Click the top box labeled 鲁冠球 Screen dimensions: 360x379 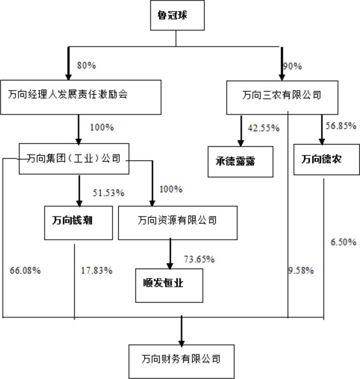pyautogui.click(x=177, y=15)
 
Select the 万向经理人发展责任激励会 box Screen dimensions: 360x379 pyautogui.click(x=81, y=97)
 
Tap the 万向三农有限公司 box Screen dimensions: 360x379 pyautogui.click(x=282, y=97)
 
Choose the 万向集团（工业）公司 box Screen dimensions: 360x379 pyautogui.click(x=74, y=159)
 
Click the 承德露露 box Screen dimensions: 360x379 pyautogui.click(x=240, y=162)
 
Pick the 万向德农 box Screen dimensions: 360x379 pyautogui.click(x=327, y=160)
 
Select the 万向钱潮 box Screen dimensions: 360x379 pyautogui.click(x=78, y=223)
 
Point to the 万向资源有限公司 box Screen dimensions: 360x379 pyautogui.click(x=178, y=223)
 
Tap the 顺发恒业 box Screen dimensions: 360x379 pyautogui.click(x=169, y=286)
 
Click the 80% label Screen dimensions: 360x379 pyautogui.click(x=86, y=66)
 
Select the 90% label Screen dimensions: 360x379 pyautogui.click(x=292, y=66)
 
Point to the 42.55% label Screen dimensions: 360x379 pyautogui.click(x=264, y=128)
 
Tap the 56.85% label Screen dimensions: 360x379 pyautogui.click(x=341, y=126)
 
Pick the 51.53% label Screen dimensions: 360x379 pyautogui.click(x=109, y=193)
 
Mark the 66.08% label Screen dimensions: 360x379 pyautogui.click(x=25, y=271)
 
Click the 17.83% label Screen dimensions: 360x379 pyautogui.click(x=96, y=271)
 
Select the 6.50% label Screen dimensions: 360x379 pyautogui.click(x=343, y=242)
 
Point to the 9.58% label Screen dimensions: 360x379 pyautogui.click(x=301, y=271)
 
